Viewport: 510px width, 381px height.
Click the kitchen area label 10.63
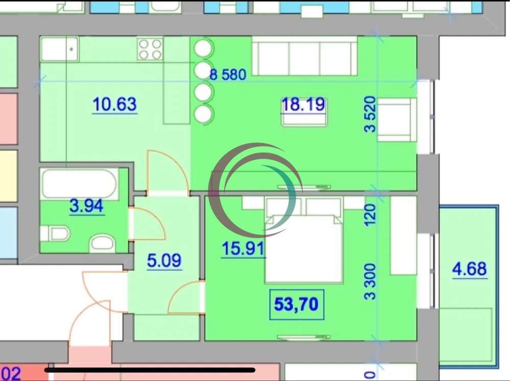pyautogui.click(x=115, y=104)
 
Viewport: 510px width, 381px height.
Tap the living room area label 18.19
pyautogui.click(x=303, y=104)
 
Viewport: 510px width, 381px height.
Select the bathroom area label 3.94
pyautogui.click(x=86, y=206)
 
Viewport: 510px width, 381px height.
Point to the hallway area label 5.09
pyautogui.click(x=164, y=260)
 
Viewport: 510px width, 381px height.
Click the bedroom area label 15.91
pyautogui.click(x=244, y=249)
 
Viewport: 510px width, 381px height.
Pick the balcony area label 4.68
pyautogui.click(x=470, y=269)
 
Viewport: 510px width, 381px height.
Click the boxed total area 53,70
pyautogui.click(x=297, y=304)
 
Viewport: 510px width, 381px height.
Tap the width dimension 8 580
pyautogui.click(x=228, y=75)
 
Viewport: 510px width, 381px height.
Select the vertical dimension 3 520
pyautogui.click(x=370, y=114)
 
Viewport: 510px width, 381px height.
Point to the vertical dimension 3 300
pyautogui.click(x=370, y=281)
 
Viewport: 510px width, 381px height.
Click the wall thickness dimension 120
pyautogui.click(x=370, y=215)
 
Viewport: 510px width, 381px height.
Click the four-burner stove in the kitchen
pyautogui.click(x=150, y=49)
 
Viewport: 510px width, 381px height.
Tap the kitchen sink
pyautogui.click(x=60, y=49)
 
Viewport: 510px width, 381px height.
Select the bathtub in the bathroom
pyautogui.click(x=80, y=184)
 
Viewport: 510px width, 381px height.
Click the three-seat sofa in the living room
pyautogui.click(x=305, y=56)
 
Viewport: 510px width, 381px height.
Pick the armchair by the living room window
pyautogui.click(x=397, y=119)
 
